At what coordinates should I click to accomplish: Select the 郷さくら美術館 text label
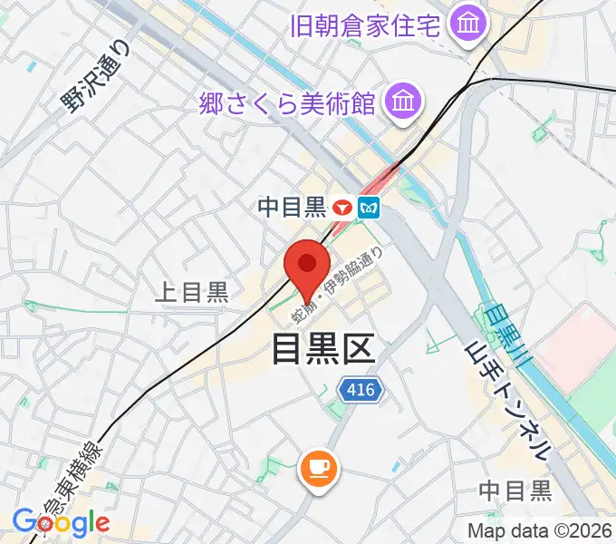pos(287,103)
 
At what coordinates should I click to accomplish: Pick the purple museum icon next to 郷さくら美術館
pos(401,102)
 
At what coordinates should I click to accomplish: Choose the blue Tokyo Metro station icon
pos(369,208)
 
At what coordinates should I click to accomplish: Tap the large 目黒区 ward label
pos(322,346)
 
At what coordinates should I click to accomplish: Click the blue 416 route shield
pos(362,390)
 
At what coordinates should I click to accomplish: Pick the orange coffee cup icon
pos(317,468)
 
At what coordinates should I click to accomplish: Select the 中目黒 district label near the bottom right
pos(515,491)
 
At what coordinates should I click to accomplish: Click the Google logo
pos(61,523)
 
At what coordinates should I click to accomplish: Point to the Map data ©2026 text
pos(539,530)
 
